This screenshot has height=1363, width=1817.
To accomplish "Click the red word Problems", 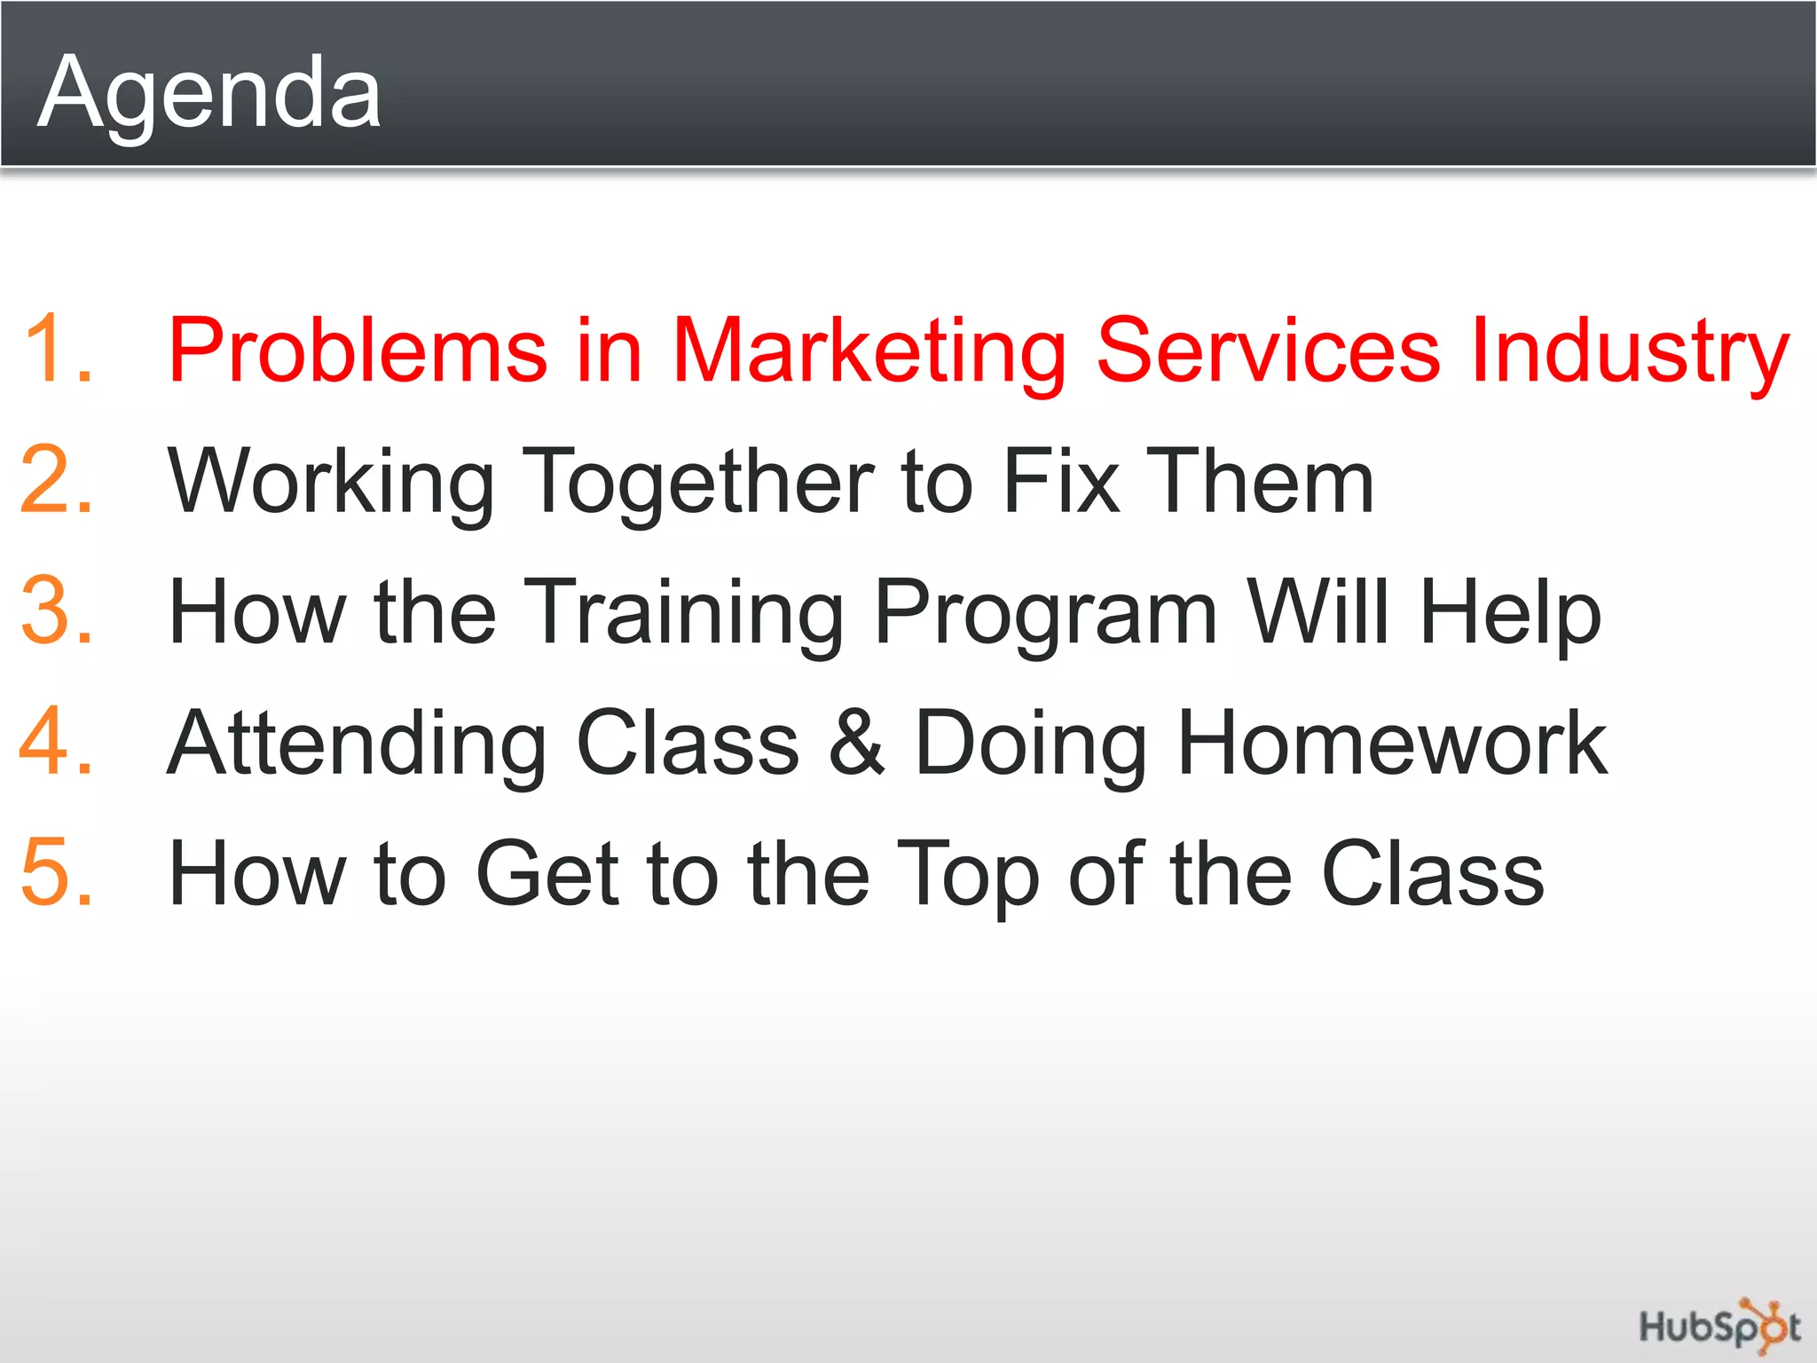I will tap(358, 351).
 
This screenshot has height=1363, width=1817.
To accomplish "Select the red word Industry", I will tap(1628, 351).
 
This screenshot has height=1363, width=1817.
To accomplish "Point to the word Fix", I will tap(1061, 481).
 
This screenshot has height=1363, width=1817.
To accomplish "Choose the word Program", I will tap(1045, 612).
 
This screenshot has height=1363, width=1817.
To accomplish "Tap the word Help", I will tap(1510, 612).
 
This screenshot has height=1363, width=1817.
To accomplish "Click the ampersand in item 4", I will tap(856, 743).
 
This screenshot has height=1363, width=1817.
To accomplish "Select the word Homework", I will tap(1391, 743).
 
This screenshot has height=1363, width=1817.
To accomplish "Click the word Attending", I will tap(358, 743).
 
